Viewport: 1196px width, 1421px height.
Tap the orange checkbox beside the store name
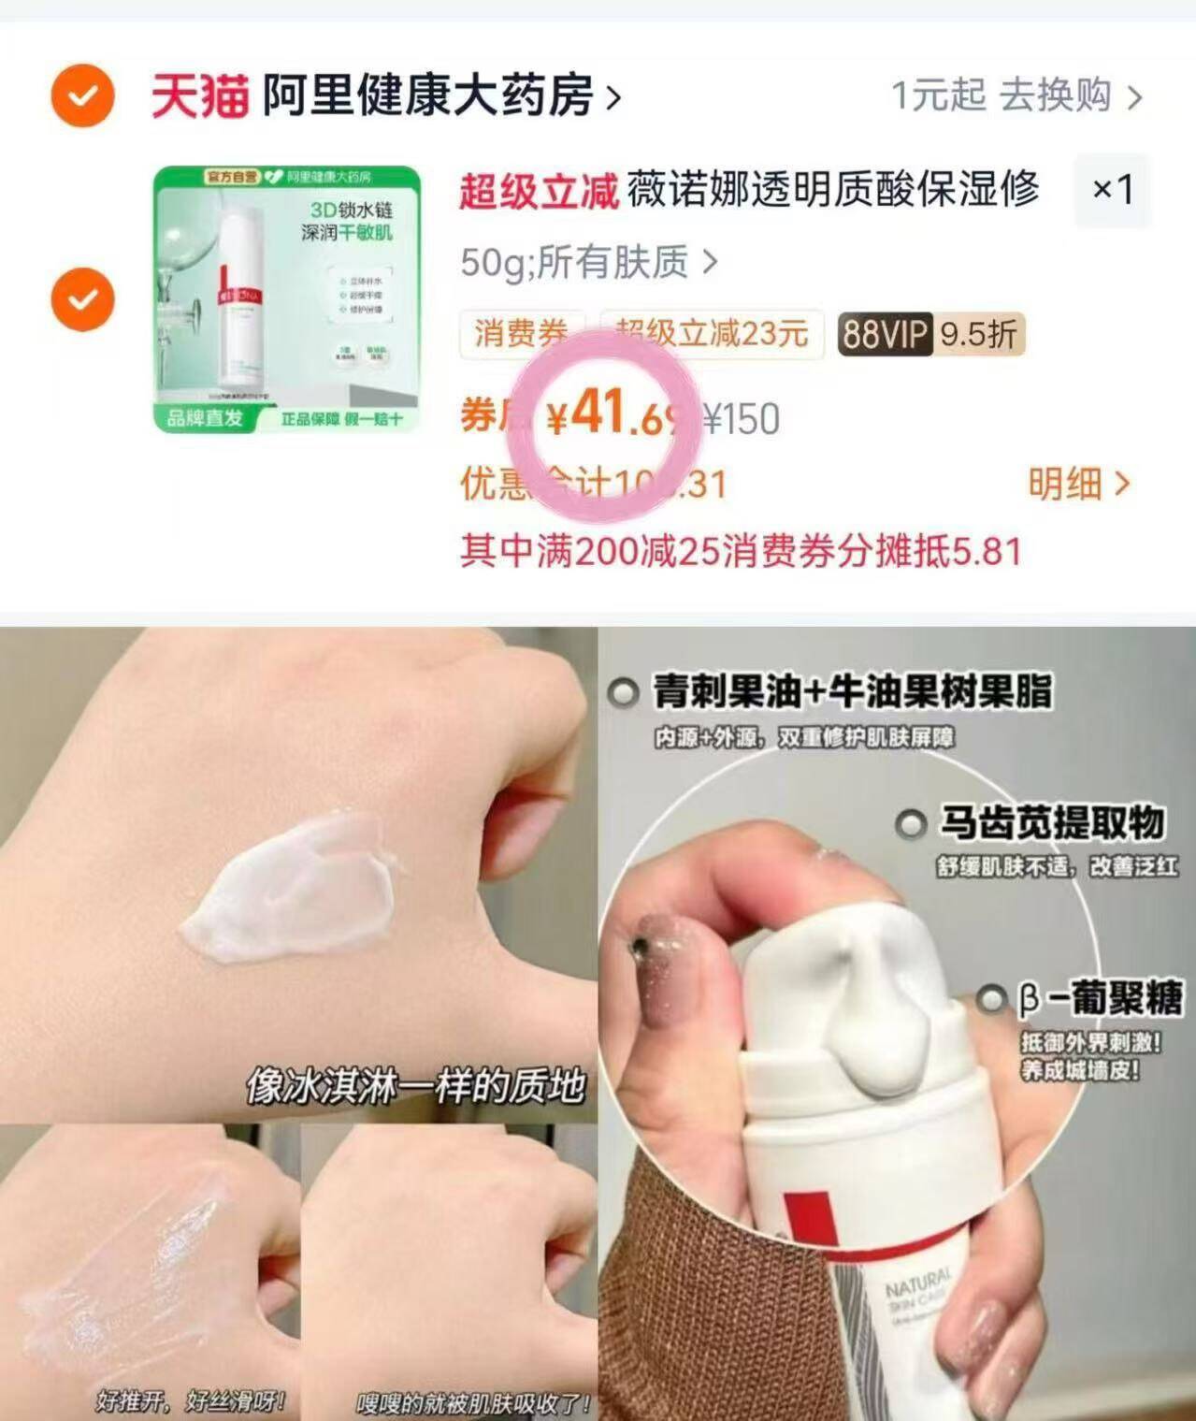[x=82, y=95]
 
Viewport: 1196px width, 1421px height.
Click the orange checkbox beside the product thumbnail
[x=82, y=299]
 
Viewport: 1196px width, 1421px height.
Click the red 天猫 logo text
[x=199, y=96]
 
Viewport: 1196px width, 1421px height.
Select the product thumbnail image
[x=287, y=298]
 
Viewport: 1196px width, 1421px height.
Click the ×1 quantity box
[x=1112, y=191]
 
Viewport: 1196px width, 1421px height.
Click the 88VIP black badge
[x=884, y=334]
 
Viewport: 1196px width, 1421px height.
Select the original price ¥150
[x=741, y=419]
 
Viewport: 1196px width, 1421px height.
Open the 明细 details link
[x=1078, y=484]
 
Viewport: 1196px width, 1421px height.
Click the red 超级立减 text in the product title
[x=538, y=191]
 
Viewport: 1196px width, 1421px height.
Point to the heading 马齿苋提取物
[x=1051, y=823]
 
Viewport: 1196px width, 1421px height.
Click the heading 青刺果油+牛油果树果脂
[x=851, y=692]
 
